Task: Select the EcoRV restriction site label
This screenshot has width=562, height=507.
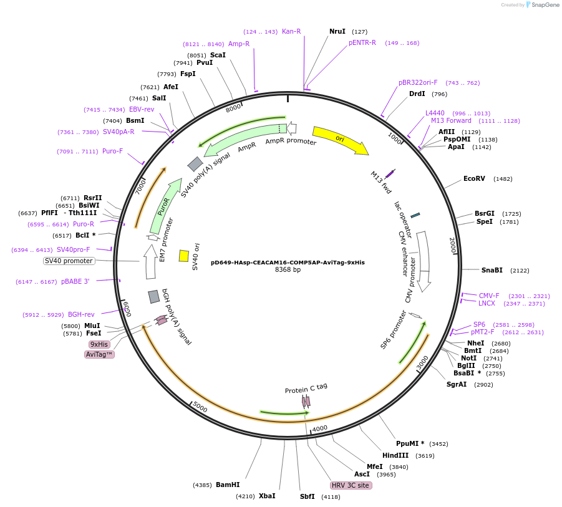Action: (x=474, y=179)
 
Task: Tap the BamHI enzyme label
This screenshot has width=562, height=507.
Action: (x=227, y=485)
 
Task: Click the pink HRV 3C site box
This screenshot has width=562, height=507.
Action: (x=351, y=485)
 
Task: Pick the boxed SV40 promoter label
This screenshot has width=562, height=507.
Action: (x=69, y=261)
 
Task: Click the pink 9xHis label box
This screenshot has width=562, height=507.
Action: (x=99, y=344)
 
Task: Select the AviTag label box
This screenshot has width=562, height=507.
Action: (x=99, y=354)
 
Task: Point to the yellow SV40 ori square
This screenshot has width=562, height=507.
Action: (x=184, y=256)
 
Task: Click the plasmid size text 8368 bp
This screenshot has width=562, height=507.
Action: (x=288, y=270)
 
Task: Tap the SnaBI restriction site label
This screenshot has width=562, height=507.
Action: (x=492, y=270)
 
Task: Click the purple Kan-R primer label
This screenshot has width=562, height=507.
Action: (x=291, y=31)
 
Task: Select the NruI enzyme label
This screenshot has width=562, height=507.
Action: (x=337, y=31)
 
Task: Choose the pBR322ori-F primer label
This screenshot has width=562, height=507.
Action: (x=418, y=82)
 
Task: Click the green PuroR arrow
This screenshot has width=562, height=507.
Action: (x=161, y=207)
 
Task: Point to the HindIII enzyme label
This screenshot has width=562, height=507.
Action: (x=395, y=455)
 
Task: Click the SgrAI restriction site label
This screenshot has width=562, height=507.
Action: (x=456, y=384)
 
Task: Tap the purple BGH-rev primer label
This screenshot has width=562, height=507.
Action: (x=81, y=314)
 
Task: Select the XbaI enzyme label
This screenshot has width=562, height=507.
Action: (x=267, y=496)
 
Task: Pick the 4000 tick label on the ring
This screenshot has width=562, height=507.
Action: (x=320, y=428)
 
